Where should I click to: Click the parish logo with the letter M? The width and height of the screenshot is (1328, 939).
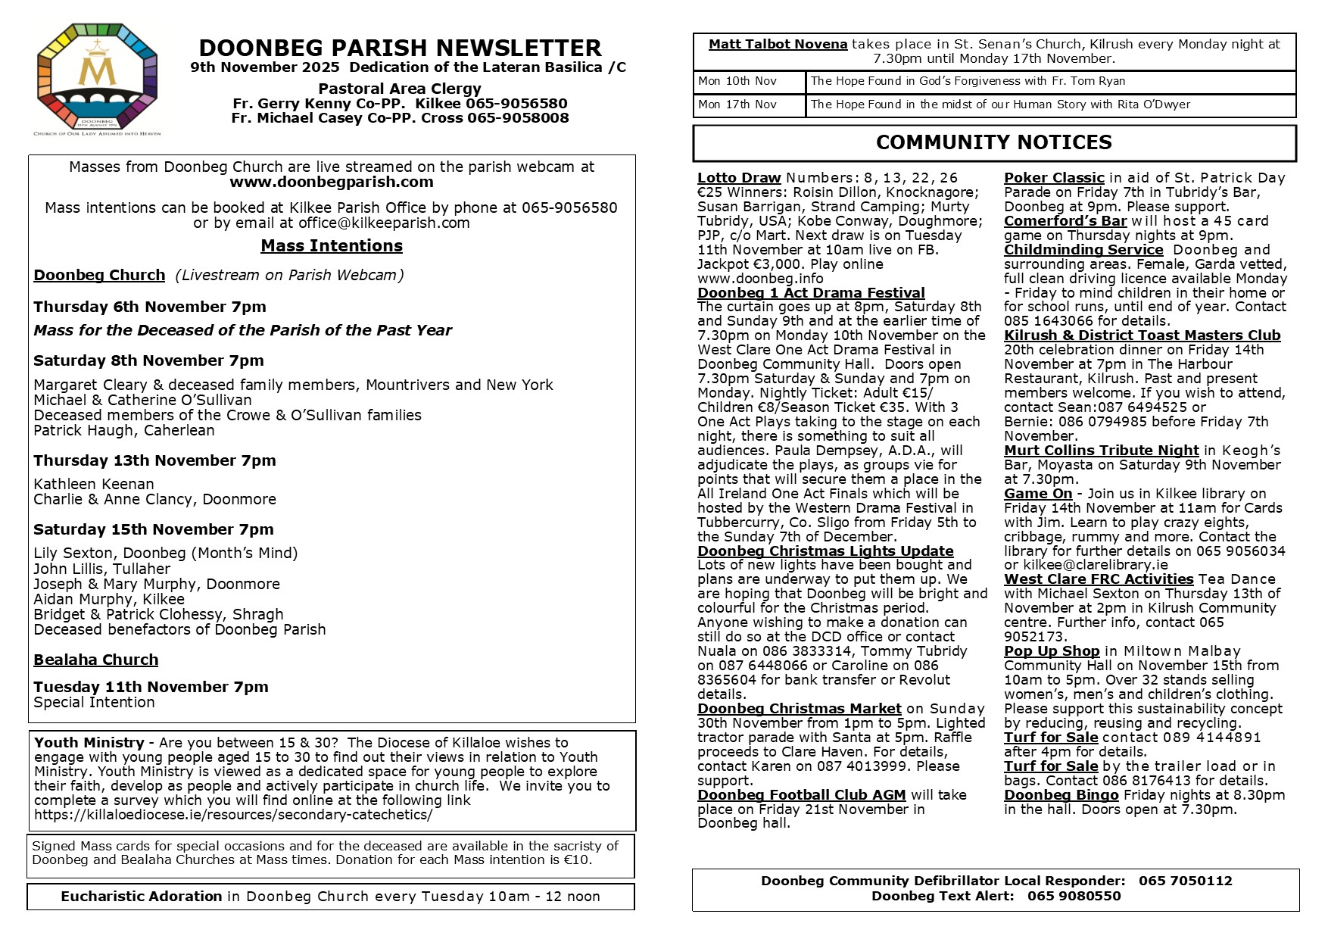pyautogui.click(x=97, y=78)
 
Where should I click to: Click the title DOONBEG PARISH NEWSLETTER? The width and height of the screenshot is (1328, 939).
pyautogui.click(x=400, y=48)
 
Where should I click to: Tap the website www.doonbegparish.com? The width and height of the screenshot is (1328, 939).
pyautogui.click(x=332, y=182)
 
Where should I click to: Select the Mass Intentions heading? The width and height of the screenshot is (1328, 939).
pyautogui.click(x=332, y=245)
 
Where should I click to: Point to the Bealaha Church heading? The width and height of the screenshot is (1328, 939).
pyautogui.click(x=96, y=660)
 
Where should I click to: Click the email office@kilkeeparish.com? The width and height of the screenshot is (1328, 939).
pyautogui.click(x=384, y=223)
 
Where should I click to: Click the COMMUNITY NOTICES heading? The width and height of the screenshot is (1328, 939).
pyautogui.click(x=993, y=142)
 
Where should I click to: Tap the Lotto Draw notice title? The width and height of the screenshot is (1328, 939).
pyautogui.click(x=739, y=178)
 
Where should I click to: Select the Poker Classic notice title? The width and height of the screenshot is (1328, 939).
pyautogui.click(x=1054, y=178)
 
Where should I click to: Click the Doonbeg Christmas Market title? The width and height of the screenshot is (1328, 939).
pyautogui.click(x=800, y=709)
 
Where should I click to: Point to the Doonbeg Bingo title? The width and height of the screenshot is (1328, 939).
pyautogui.click(x=1061, y=795)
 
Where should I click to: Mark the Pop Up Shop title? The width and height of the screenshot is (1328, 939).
pyautogui.click(x=1052, y=651)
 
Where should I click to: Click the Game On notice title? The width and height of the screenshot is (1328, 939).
pyautogui.click(x=1038, y=494)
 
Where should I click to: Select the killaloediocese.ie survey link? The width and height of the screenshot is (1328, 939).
pyautogui.click(x=233, y=815)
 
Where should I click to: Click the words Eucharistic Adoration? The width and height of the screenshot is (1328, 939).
pyautogui.click(x=142, y=897)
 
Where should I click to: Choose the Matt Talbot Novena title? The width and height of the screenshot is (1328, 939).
pyautogui.click(x=778, y=44)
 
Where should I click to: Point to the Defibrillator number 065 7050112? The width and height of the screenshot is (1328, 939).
pyautogui.click(x=1185, y=881)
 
